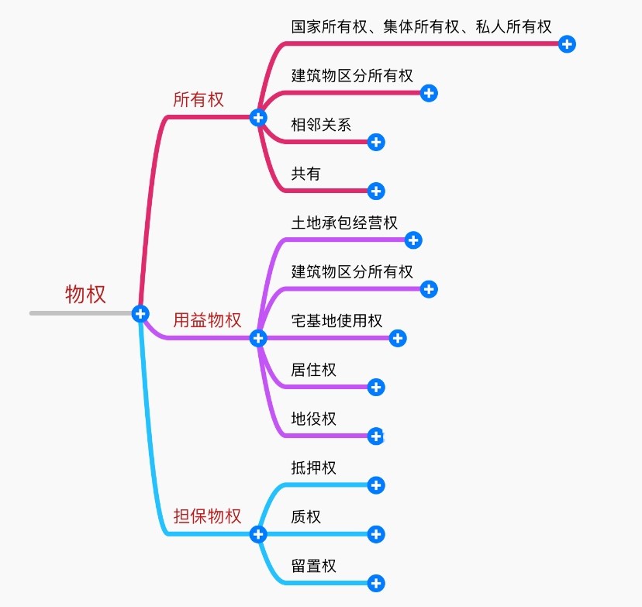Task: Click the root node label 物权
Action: (85, 295)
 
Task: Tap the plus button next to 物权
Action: (140, 313)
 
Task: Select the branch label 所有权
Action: (198, 99)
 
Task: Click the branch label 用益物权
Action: (207, 320)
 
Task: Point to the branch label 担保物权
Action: (207, 516)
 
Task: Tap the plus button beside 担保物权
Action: (258, 534)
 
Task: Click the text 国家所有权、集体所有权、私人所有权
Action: (421, 26)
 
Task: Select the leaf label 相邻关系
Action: (321, 124)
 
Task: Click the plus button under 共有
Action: (376, 191)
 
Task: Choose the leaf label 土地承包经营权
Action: (344, 222)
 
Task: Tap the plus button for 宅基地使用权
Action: (398, 338)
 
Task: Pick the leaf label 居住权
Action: (313, 370)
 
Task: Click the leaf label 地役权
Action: (313, 419)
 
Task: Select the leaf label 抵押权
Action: (313, 467)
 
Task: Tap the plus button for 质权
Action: (376, 534)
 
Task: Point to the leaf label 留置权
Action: (313, 566)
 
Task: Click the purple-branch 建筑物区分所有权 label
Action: (352, 271)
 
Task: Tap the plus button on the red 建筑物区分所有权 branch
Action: (430, 93)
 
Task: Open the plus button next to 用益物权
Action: (258, 338)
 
